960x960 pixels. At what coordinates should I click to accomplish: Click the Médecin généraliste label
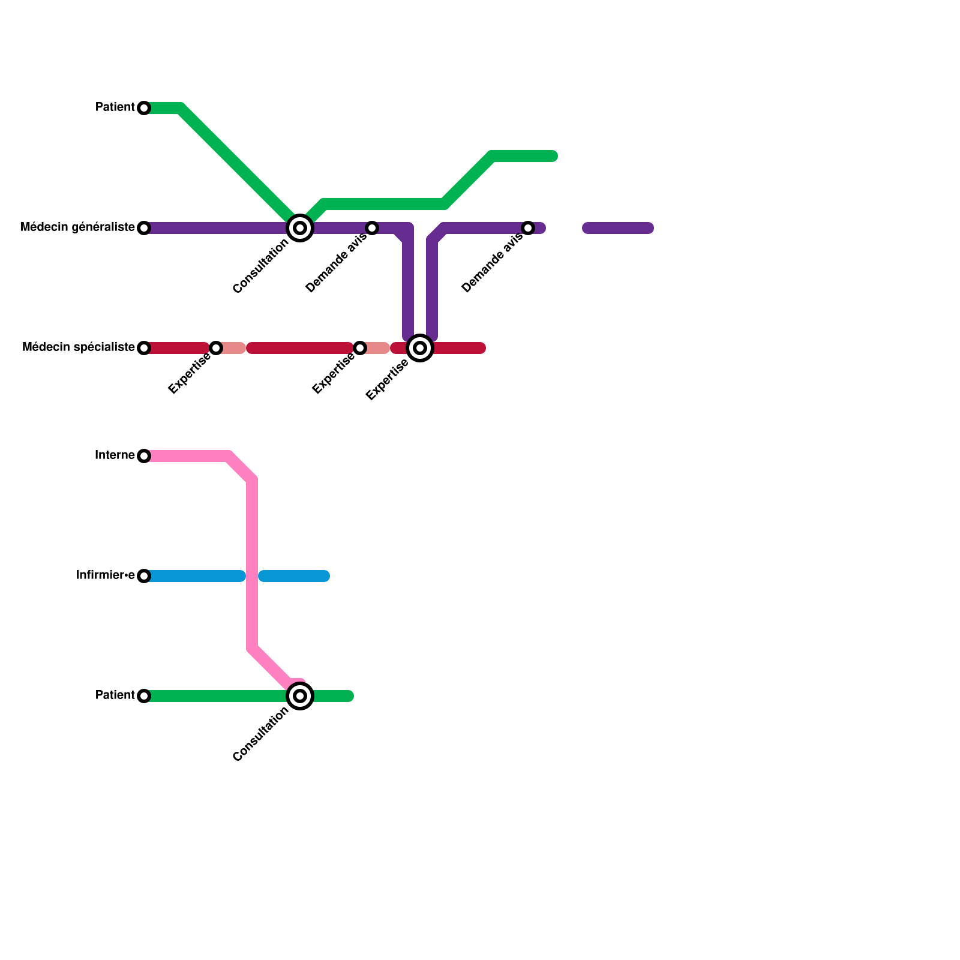click(x=77, y=227)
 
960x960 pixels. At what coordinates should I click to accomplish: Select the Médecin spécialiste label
click(x=78, y=347)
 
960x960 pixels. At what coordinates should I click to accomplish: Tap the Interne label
click(x=115, y=455)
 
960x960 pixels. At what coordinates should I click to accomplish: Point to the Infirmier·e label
click(x=105, y=575)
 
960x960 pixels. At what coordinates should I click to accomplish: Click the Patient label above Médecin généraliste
click(x=115, y=107)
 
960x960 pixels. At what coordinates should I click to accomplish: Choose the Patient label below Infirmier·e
click(x=115, y=695)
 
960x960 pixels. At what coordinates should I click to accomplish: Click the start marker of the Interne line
click(x=144, y=456)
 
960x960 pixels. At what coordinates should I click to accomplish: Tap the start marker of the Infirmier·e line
click(x=144, y=576)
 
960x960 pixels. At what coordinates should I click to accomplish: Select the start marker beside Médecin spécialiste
click(x=144, y=348)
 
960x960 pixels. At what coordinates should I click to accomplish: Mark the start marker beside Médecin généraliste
click(x=144, y=228)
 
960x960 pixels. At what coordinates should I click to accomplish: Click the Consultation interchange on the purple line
click(x=300, y=228)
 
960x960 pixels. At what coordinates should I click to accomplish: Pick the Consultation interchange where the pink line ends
click(x=300, y=696)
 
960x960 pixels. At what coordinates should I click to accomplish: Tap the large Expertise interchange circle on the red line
click(x=420, y=348)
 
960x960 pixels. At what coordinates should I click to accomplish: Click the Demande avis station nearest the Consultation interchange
click(x=372, y=228)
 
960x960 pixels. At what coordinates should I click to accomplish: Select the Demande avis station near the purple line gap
click(x=528, y=228)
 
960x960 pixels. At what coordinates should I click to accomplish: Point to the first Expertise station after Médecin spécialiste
click(x=216, y=348)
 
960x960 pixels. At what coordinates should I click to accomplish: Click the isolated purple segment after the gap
click(x=618, y=228)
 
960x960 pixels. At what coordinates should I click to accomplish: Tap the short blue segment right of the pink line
click(x=294, y=576)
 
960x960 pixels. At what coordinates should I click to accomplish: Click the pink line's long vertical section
click(x=253, y=564)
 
